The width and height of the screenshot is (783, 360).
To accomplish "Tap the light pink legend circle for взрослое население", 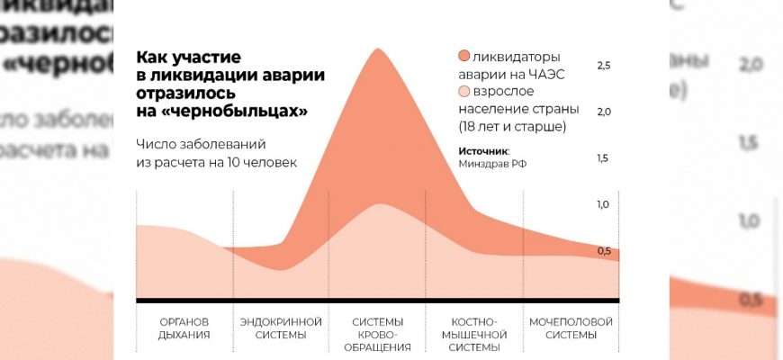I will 464,92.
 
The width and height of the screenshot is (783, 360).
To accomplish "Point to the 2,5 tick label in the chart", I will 603,66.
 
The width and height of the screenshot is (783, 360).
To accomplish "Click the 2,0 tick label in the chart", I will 603,112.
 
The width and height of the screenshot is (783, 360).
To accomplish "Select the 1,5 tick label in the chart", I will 603,158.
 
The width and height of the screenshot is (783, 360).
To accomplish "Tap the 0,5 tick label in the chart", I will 603,251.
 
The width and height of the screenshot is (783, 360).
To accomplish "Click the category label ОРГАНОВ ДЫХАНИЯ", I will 184,328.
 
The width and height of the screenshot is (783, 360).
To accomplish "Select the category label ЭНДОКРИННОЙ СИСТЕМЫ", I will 282,328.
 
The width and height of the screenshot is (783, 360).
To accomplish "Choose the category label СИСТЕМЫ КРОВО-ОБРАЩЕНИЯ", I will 378,334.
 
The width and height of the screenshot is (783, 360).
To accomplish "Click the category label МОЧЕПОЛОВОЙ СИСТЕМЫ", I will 571,328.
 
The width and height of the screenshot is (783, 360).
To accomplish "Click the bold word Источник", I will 482,150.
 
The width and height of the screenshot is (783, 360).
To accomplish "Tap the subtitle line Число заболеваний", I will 202,144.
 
